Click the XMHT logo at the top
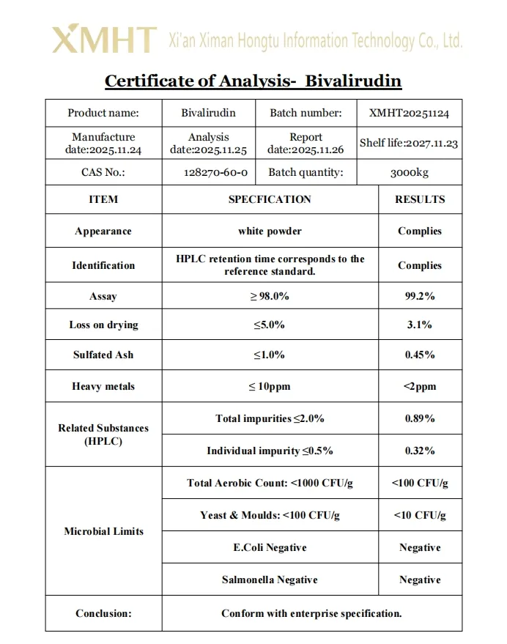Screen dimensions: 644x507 point(104,39)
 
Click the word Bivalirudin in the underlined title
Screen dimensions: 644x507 point(353,81)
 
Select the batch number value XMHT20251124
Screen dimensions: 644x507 point(410,113)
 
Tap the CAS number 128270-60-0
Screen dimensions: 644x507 point(215,173)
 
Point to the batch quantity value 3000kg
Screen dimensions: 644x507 point(410,173)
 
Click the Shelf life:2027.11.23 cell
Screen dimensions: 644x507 point(409,143)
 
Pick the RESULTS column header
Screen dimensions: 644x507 point(420,199)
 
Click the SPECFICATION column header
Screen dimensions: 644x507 point(270,199)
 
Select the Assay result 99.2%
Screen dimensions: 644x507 point(420,297)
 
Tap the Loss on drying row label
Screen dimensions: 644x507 point(103,325)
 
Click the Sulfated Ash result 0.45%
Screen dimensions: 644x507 point(420,355)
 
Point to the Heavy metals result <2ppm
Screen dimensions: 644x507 point(420,386)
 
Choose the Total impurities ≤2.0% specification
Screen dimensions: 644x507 point(270,418)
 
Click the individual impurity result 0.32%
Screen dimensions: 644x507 point(420,451)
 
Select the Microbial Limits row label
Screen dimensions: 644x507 point(103,531)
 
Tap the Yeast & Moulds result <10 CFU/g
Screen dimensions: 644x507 point(420,515)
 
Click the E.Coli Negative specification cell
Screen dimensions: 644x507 point(270,547)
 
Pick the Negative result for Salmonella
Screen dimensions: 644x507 point(420,580)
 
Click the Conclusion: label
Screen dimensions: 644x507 point(103,613)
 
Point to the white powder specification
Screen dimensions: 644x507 point(270,231)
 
